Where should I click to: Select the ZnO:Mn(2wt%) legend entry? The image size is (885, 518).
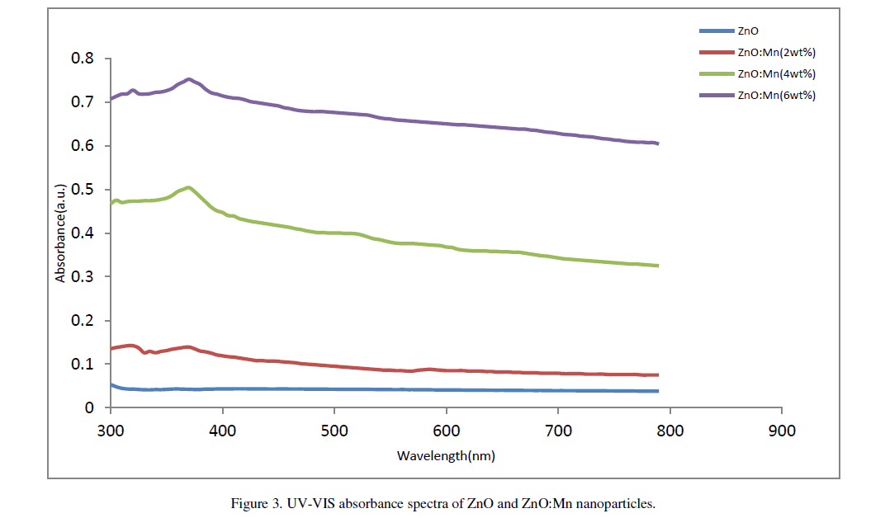click(777, 53)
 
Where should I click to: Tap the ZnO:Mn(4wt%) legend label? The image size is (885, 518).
click(777, 74)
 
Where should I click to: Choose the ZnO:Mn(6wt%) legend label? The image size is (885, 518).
click(777, 96)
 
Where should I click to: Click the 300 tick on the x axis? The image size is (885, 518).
click(110, 431)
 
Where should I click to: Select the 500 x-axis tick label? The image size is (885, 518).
click(334, 431)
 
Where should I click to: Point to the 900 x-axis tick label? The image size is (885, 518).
click(781, 431)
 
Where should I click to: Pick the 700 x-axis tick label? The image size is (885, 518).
click(557, 431)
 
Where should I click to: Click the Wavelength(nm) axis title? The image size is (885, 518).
click(446, 455)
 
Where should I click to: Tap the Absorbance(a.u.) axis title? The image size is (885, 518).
click(60, 233)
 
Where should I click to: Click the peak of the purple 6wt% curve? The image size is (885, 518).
click(189, 79)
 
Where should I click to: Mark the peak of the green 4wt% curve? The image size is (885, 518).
click(189, 187)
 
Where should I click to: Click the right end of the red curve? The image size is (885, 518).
click(657, 374)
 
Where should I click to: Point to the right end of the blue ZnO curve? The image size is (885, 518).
click(657, 391)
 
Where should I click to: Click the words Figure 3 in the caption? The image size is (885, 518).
click(256, 502)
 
